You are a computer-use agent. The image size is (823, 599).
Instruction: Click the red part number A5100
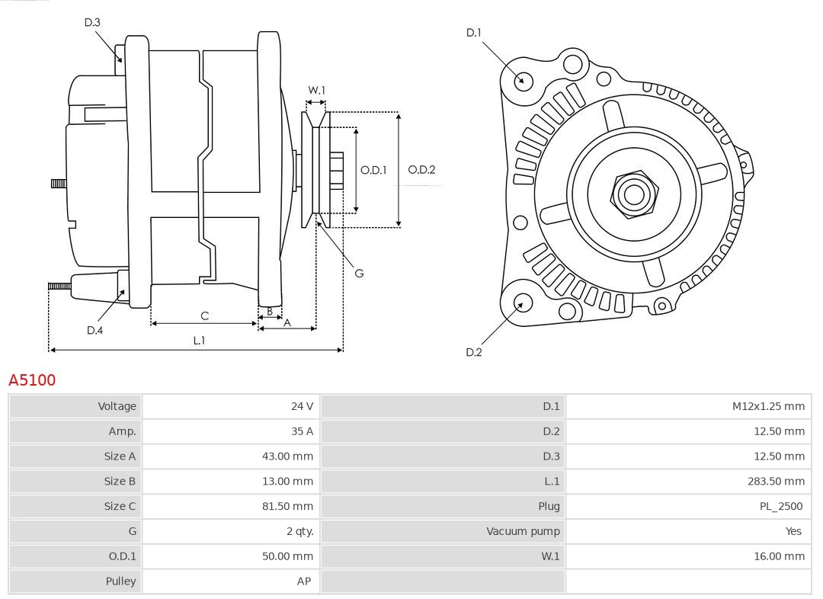[32, 380]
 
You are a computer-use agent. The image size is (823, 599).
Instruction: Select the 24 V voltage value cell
[302, 406]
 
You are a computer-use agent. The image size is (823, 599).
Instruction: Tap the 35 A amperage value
[303, 431]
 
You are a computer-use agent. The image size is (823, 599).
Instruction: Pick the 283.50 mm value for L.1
[776, 481]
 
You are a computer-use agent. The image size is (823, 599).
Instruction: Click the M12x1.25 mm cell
[768, 406]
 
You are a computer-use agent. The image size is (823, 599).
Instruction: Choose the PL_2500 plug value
[781, 506]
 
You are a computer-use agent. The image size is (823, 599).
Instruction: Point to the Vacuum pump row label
[523, 531]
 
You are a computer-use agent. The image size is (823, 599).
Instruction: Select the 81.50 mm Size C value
[287, 506]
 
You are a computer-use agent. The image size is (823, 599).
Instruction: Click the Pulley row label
[120, 581]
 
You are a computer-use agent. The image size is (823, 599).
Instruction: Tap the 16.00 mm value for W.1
[779, 556]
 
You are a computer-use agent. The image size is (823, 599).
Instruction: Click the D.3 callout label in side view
[92, 23]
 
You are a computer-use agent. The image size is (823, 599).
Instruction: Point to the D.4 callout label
[94, 330]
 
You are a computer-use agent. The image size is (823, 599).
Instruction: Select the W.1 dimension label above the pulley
[316, 90]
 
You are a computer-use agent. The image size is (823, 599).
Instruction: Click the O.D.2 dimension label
[421, 170]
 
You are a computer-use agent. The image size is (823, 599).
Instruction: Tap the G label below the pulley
[359, 273]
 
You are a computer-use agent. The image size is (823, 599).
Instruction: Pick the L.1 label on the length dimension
[198, 341]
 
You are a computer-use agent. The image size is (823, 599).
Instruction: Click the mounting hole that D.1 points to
[523, 79]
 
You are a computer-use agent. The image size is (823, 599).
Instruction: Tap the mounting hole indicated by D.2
[522, 303]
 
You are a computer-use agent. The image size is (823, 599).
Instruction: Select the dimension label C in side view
[204, 316]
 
